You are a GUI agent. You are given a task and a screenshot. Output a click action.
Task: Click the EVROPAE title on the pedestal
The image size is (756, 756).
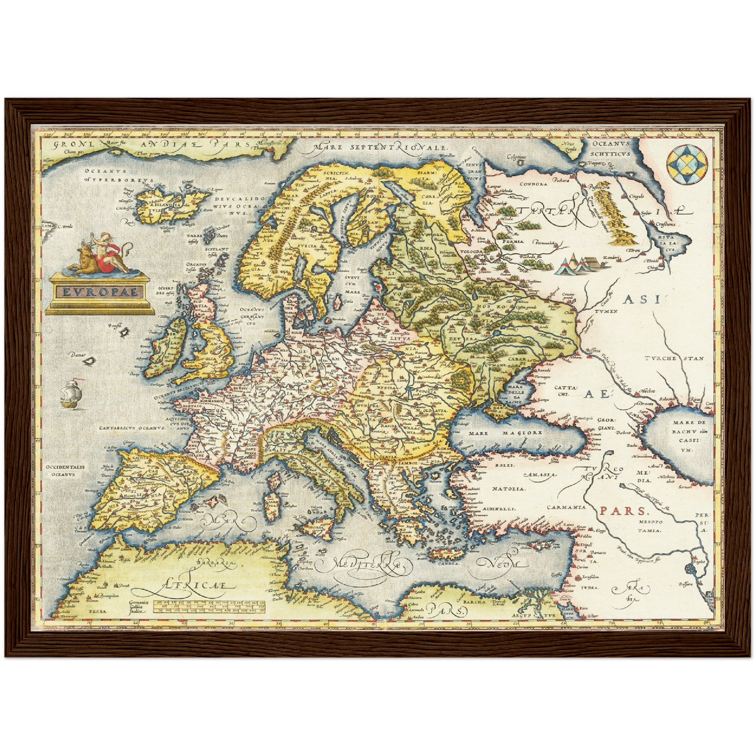[100, 291]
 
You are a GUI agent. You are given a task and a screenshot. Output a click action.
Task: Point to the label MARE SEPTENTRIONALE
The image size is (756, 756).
[381, 148]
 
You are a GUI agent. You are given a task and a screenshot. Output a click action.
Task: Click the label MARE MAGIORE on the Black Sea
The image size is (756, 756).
[505, 433]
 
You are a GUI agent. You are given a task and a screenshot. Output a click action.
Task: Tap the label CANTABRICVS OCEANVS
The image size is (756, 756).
[132, 427]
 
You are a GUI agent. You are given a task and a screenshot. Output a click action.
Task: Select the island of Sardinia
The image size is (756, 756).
[272, 503]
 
